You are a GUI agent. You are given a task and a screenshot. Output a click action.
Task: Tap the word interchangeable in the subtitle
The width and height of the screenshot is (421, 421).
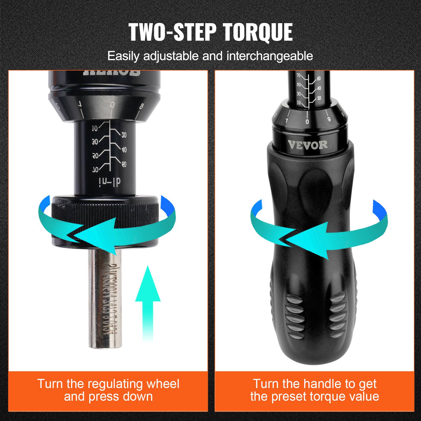(x=270, y=56)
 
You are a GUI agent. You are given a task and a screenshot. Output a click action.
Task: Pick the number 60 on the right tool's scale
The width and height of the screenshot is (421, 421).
(x=319, y=79)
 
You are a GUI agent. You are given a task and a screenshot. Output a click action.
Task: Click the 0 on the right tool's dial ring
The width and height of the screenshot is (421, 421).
(x=307, y=121)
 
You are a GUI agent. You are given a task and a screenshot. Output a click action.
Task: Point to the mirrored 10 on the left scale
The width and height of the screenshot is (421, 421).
(x=95, y=128)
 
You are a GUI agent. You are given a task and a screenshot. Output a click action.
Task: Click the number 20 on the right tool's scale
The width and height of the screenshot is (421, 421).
(x=319, y=98)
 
